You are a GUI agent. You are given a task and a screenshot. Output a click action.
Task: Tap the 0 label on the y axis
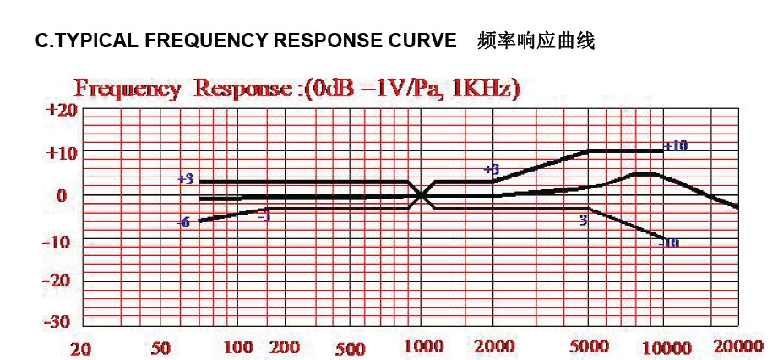click(x=62, y=196)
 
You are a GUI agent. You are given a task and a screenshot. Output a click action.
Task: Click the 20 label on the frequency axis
click(x=80, y=348)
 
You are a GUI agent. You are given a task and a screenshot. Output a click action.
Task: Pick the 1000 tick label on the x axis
click(x=423, y=346)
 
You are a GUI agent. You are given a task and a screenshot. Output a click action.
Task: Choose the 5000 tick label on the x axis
click(x=590, y=346)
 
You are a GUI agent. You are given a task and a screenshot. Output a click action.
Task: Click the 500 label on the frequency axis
click(x=349, y=348)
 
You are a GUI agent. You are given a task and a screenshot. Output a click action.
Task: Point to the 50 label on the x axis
click(x=160, y=348)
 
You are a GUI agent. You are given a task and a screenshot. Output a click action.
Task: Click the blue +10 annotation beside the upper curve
click(x=675, y=146)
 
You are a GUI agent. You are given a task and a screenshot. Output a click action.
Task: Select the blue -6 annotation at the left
click(x=182, y=222)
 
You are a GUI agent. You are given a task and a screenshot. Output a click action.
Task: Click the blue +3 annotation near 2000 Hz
click(x=492, y=170)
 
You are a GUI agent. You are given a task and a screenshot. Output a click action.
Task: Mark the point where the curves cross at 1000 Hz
click(x=422, y=195)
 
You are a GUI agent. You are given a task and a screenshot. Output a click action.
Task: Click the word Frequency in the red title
click(x=128, y=89)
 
